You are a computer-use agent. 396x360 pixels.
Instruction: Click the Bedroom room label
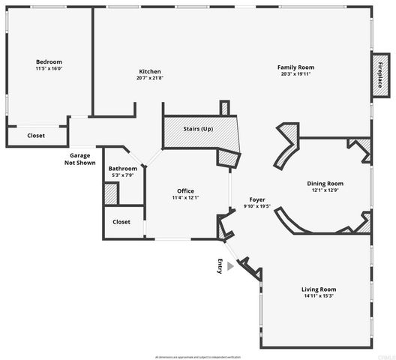pos(49,61)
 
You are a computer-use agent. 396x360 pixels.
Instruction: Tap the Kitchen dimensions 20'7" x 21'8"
pos(150,78)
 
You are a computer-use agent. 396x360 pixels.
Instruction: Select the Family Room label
pos(295,67)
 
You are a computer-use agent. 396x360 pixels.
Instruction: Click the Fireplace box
pos(379,76)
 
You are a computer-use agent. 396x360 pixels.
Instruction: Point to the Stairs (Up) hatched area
pos(198,129)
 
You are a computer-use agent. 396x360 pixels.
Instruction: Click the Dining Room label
pos(325,183)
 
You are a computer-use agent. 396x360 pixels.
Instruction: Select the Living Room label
pos(319,289)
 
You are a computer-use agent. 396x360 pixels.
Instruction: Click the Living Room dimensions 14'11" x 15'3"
pos(319,295)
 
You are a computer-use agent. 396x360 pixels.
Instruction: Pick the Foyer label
pos(258,199)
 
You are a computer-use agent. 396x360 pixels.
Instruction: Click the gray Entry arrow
pos(231,265)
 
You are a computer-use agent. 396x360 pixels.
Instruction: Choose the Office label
pos(185,190)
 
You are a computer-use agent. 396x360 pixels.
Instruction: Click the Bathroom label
pos(123,169)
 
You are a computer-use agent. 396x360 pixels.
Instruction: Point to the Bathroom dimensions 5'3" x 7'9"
pos(123,175)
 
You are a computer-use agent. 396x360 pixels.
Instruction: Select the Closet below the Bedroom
pos(36,136)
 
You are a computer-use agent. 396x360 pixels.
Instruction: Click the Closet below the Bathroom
pos(121,222)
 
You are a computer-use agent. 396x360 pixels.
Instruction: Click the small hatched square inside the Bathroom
pos(112,193)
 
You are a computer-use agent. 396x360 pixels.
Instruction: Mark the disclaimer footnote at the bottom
pos(198,356)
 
